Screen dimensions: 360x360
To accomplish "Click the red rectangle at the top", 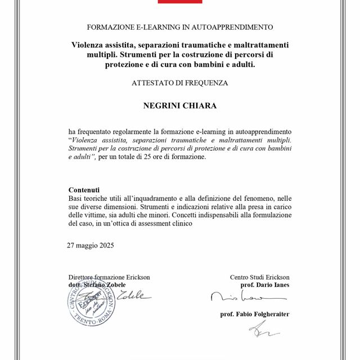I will pyautogui.click(x=179, y=2).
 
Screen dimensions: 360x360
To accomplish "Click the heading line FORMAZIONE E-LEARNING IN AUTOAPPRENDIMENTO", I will pyautogui.click(x=180, y=27).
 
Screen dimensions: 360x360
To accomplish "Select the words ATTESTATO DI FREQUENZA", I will pyautogui.click(x=180, y=83).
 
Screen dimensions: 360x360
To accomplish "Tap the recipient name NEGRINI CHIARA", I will pyautogui.click(x=180, y=105).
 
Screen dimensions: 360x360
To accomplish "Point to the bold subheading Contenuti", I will pyautogui.click(x=84, y=190).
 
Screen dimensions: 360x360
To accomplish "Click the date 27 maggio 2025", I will pyautogui.click(x=90, y=245).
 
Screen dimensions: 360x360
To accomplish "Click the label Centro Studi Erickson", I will pyautogui.click(x=259, y=277).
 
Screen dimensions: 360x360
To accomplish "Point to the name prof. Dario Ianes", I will pyautogui.click(x=264, y=285).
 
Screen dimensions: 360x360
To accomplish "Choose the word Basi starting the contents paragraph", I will pyautogui.click(x=76, y=199).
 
